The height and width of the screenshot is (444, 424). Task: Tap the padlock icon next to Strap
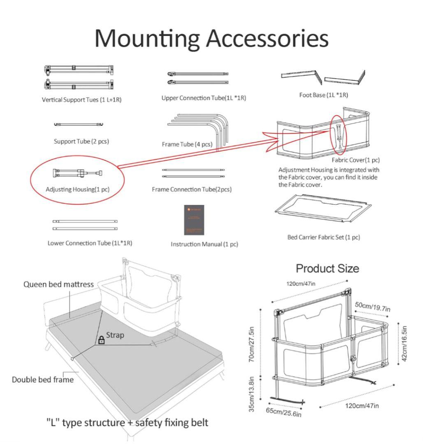point(101,340)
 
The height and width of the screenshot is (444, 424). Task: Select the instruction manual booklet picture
point(194,220)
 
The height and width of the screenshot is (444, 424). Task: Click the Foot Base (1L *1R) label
point(323,95)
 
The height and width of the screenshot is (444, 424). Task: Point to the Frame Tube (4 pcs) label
point(187,144)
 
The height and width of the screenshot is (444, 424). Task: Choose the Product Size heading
point(327,268)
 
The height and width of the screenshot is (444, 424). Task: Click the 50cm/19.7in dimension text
point(373,307)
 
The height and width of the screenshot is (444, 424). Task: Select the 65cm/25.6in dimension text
point(284,412)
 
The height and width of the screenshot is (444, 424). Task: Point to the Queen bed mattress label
point(58,284)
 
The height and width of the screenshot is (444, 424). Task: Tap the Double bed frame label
point(43,379)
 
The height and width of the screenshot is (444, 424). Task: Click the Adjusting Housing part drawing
point(77,173)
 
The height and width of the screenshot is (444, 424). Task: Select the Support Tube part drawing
point(79,124)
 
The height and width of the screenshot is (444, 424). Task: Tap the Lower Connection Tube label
point(90,243)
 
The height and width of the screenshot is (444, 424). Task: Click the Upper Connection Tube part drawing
point(198,78)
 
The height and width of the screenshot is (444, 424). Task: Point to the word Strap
point(115,335)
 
